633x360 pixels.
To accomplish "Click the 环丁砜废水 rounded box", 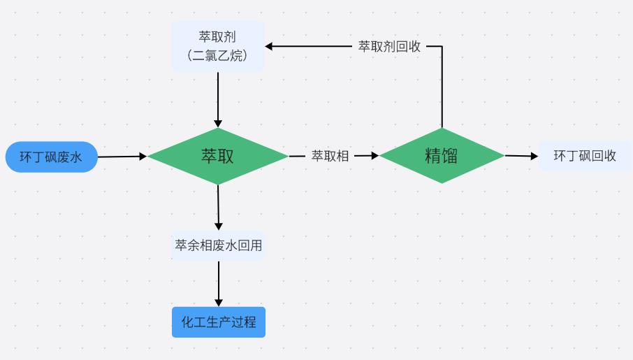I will point(51,157).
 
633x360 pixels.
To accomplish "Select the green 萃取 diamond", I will point(217,156).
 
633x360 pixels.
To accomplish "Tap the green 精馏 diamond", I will point(442,155).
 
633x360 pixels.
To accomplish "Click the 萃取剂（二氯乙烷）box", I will point(218,46).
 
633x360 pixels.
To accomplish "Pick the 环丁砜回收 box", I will point(585,156).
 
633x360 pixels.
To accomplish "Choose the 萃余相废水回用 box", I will point(219,245).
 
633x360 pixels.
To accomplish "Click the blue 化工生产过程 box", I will point(219,322).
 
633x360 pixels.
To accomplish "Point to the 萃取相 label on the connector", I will point(330,156).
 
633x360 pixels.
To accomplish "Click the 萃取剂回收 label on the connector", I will point(389,47).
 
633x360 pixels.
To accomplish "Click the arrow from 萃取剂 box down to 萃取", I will point(218,98).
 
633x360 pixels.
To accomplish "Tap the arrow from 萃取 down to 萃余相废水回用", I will point(218,206).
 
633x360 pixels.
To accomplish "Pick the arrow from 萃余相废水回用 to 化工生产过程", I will point(219,283).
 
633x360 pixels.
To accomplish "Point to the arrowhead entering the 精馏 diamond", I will point(374,156).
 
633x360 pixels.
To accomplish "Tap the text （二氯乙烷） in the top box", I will point(218,55).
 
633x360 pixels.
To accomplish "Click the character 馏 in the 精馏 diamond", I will point(450,155).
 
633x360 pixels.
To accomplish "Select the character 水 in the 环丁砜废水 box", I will point(75,157).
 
